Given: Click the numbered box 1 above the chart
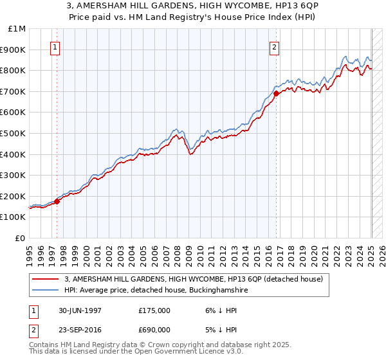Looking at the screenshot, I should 55,47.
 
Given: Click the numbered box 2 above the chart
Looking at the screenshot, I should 275,47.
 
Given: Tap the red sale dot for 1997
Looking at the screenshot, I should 57,201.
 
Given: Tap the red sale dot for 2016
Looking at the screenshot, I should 276,93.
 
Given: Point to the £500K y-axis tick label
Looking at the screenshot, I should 13,134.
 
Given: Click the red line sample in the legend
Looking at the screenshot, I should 46,279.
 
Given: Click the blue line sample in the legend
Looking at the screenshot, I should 46,290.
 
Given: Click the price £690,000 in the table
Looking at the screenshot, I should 154,329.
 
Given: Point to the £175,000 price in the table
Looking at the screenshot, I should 154,310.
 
